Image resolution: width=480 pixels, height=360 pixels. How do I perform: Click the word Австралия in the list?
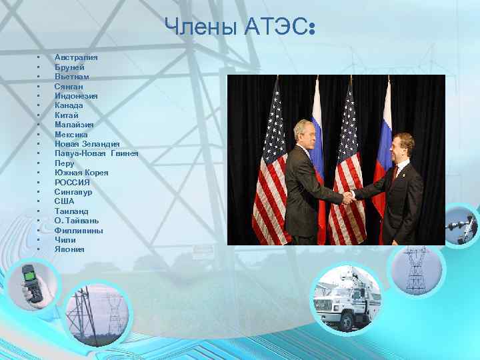tap(75, 57)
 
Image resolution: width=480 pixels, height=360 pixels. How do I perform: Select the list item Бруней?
tap(69, 67)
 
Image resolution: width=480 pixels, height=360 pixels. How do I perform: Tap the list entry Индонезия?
tap(76, 96)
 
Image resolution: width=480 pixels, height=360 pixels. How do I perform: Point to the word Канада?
tap(69, 105)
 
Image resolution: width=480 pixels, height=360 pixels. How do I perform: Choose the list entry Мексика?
tap(71, 134)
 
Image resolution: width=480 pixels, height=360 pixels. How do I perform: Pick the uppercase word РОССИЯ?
tap(72, 182)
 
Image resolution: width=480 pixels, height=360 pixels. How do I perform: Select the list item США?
tap(65, 201)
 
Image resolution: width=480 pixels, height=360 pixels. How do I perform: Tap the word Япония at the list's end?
tap(69, 249)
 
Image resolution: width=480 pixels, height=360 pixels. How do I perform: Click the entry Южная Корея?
tap(81, 173)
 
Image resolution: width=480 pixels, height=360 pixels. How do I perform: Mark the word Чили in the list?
tap(65, 239)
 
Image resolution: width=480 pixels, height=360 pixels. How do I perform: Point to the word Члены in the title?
tap(193, 27)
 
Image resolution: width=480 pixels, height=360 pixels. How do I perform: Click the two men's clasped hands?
tap(348, 196)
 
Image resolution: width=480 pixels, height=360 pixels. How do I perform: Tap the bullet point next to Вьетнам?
tap(39, 77)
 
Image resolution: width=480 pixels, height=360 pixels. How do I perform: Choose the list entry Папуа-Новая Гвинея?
tap(97, 153)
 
